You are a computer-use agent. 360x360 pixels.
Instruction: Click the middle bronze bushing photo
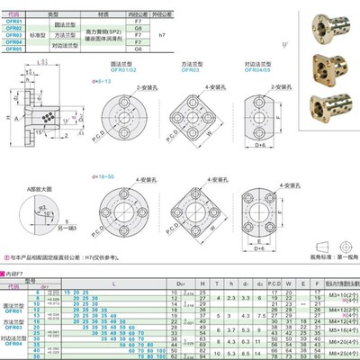tap(325, 63)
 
